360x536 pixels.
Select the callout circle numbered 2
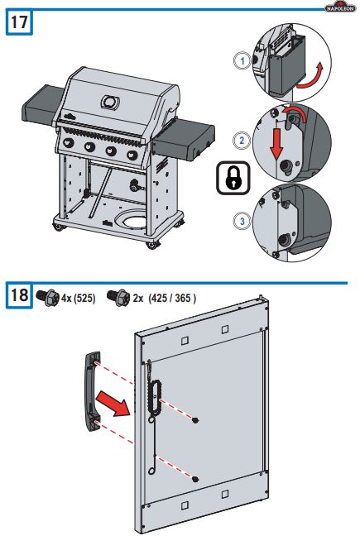(241, 140)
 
